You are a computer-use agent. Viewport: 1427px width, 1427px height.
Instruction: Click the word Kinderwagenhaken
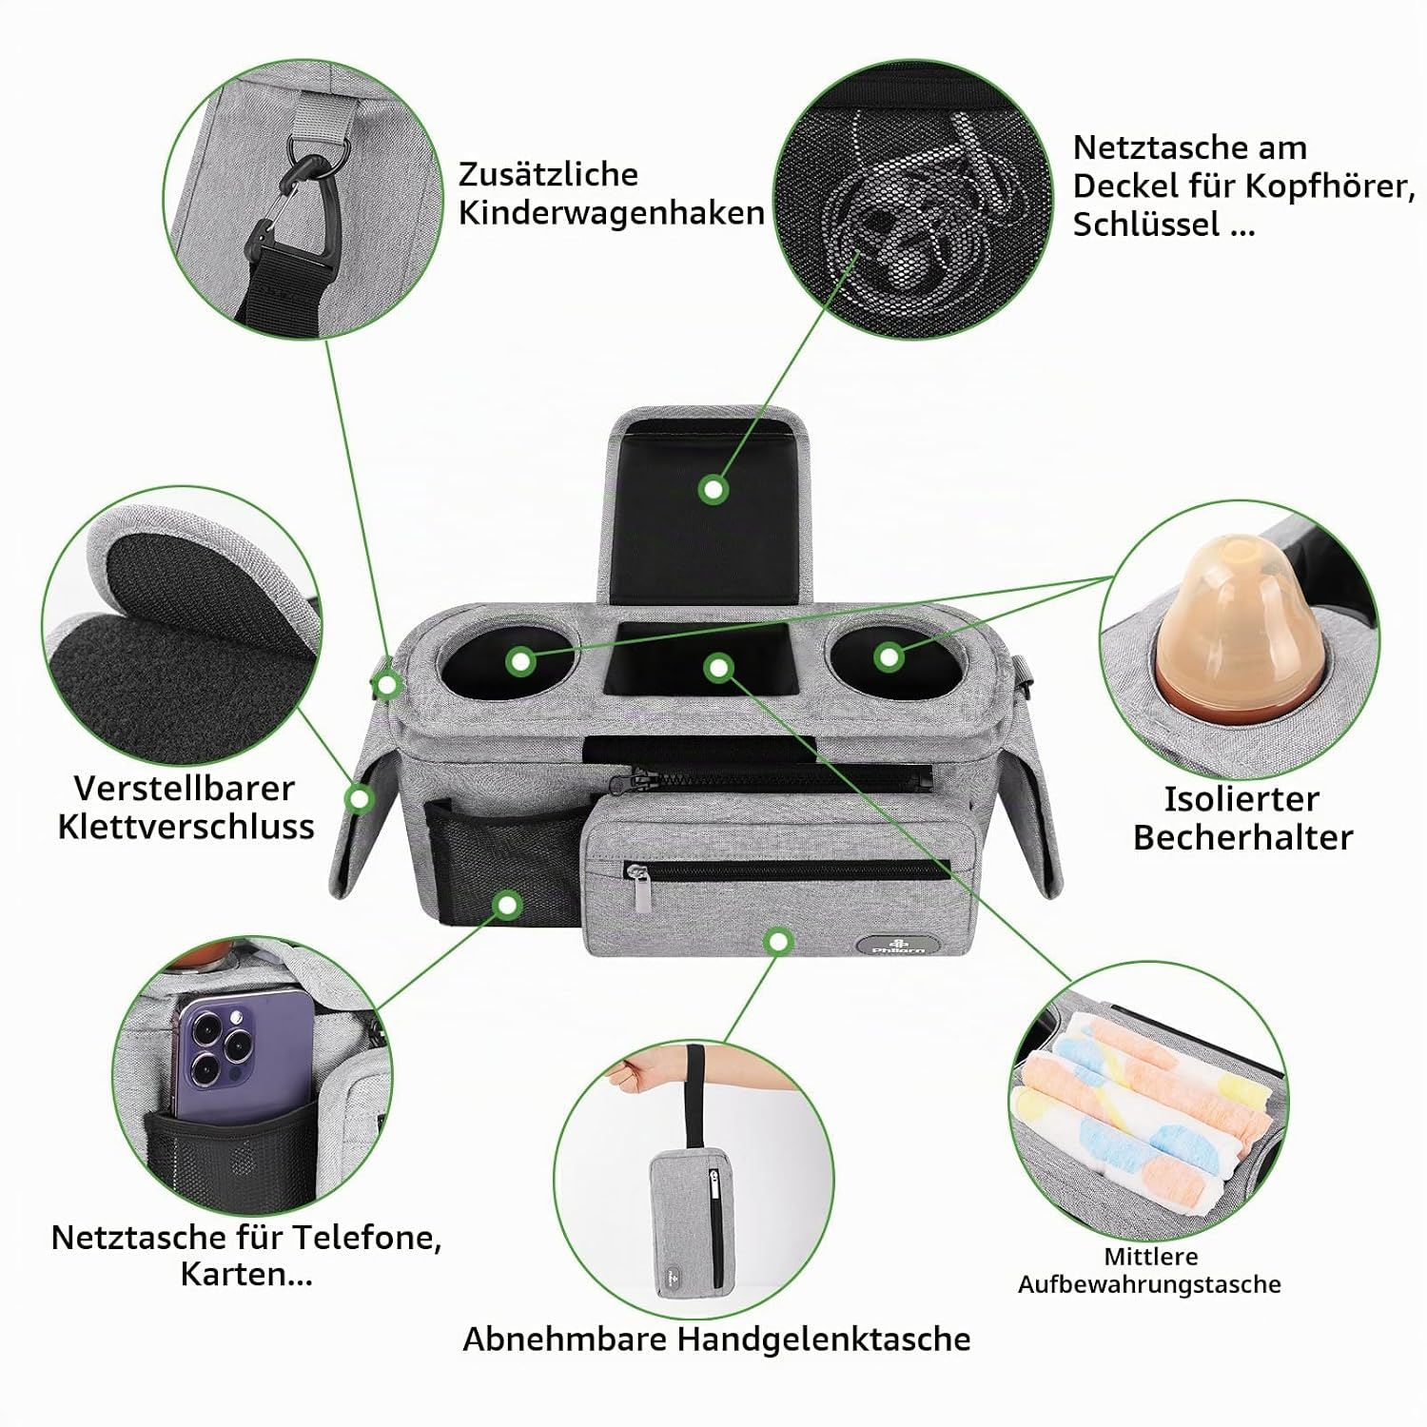(611, 213)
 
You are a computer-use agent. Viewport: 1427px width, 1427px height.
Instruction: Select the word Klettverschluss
(186, 827)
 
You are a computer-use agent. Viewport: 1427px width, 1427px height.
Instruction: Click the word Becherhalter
(1242, 837)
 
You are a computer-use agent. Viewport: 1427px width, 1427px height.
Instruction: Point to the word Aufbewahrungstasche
(1149, 1284)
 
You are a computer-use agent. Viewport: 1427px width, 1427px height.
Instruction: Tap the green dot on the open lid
(713, 490)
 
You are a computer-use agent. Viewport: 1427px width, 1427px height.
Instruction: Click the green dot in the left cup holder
(519, 661)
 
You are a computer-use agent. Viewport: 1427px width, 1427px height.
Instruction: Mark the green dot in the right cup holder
(889, 656)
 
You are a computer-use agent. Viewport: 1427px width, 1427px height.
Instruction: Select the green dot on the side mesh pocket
(508, 904)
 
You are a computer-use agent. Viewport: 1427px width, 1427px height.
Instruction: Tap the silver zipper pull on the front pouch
(644, 891)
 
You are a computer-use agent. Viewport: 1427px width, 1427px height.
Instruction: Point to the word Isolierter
(1241, 799)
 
